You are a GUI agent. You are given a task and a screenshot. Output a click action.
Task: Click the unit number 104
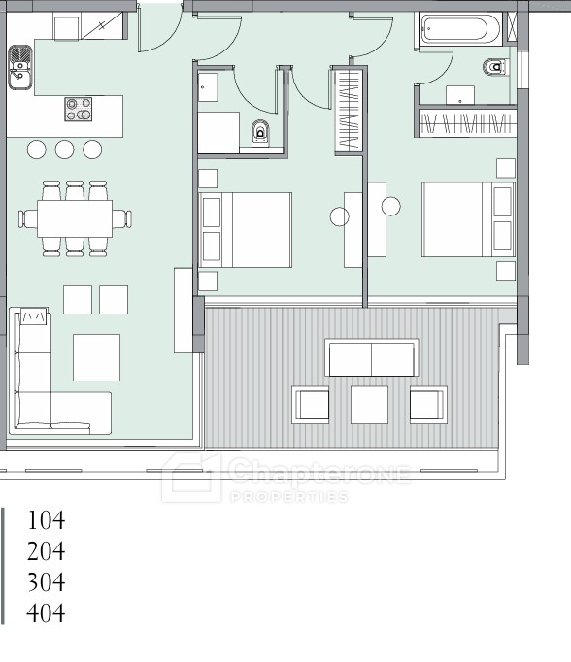(x=46, y=519)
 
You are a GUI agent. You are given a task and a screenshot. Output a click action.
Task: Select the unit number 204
(x=46, y=551)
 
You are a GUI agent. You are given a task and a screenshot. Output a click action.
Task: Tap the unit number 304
(x=46, y=582)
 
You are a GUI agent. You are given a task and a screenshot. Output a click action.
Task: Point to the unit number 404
(x=46, y=613)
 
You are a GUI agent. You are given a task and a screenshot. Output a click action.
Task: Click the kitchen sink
(x=19, y=68)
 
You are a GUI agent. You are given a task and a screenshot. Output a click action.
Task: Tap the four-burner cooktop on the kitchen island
(x=79, y=109)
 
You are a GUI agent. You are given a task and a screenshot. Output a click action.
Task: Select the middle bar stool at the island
(x=65, y=149)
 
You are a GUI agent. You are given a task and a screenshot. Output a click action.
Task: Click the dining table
(x=75, y=218)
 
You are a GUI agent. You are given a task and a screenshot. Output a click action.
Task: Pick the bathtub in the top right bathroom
(x=459, y=29)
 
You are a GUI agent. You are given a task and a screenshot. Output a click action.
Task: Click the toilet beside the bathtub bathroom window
(x=495, y=67)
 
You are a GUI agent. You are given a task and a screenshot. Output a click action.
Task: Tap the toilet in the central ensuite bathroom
(x=260, y=133)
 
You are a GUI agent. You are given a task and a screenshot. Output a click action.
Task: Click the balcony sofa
(x=372, y=357)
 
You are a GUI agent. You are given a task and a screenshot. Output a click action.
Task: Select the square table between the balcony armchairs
(x=370, y=405)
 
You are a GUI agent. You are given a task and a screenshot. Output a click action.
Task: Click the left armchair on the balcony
(x=311, y=405)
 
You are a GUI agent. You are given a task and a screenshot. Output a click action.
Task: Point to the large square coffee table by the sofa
(x=96, y=357)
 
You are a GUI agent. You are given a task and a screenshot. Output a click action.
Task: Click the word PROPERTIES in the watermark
(x=289, y=497)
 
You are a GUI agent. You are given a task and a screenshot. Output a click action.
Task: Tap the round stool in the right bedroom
(x=391, y=207)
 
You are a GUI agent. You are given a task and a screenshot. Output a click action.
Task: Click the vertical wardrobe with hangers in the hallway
(x=349, y=111)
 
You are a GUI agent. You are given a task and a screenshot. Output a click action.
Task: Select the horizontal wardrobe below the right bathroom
(x=467, y=122)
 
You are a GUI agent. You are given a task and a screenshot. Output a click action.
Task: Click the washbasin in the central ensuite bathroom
(x=208, y=87)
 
